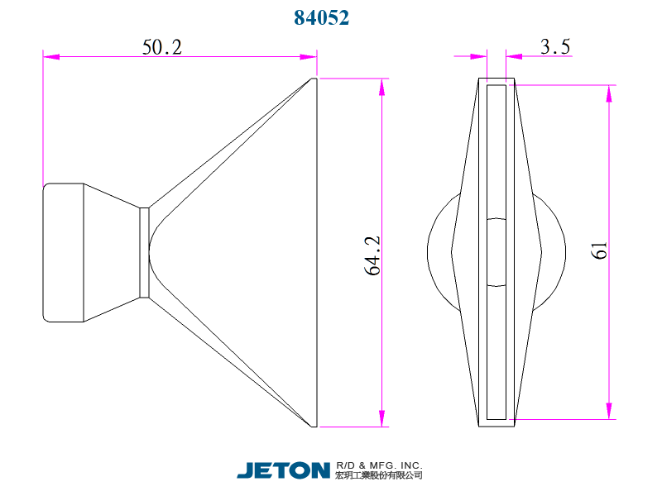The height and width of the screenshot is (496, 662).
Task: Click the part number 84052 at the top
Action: point(322,18)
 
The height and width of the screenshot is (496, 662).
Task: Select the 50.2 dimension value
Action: point(161,47)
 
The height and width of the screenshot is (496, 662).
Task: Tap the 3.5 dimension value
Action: point(555,47)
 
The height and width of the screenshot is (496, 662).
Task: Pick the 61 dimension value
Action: point(600,250)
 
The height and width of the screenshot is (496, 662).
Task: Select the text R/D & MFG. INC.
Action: point(380,465)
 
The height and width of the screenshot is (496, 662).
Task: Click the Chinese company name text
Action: point(380,475)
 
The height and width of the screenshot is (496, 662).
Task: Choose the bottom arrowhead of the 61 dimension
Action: point(610,411)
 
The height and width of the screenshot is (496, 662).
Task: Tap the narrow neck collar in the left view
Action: point(144,252)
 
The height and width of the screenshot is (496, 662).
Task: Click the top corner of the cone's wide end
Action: point(314,80)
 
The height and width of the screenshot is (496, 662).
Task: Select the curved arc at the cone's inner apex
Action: point(152,252)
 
